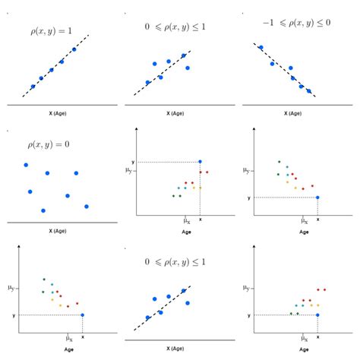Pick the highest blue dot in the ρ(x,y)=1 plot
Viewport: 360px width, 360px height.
click(x=74, y=49)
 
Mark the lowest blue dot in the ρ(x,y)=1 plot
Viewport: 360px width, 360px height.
click(x=33, y=87)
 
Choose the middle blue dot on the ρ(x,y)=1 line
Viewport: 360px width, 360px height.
click(x=52, y=70)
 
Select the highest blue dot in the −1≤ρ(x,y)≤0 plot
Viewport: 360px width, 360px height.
click(x=261, y=47)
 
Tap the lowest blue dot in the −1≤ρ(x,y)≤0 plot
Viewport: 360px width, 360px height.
click(x=310, y=89)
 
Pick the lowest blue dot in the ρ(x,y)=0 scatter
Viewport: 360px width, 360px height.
click(x=43, y=210)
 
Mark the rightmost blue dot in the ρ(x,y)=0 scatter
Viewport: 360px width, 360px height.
click(x=87, y=206)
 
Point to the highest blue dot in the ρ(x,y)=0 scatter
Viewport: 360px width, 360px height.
click(x=26, y=165)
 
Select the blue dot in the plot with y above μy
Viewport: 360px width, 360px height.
click(x=200, y=161)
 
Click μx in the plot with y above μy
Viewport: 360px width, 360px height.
click(x=186, y=220)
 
